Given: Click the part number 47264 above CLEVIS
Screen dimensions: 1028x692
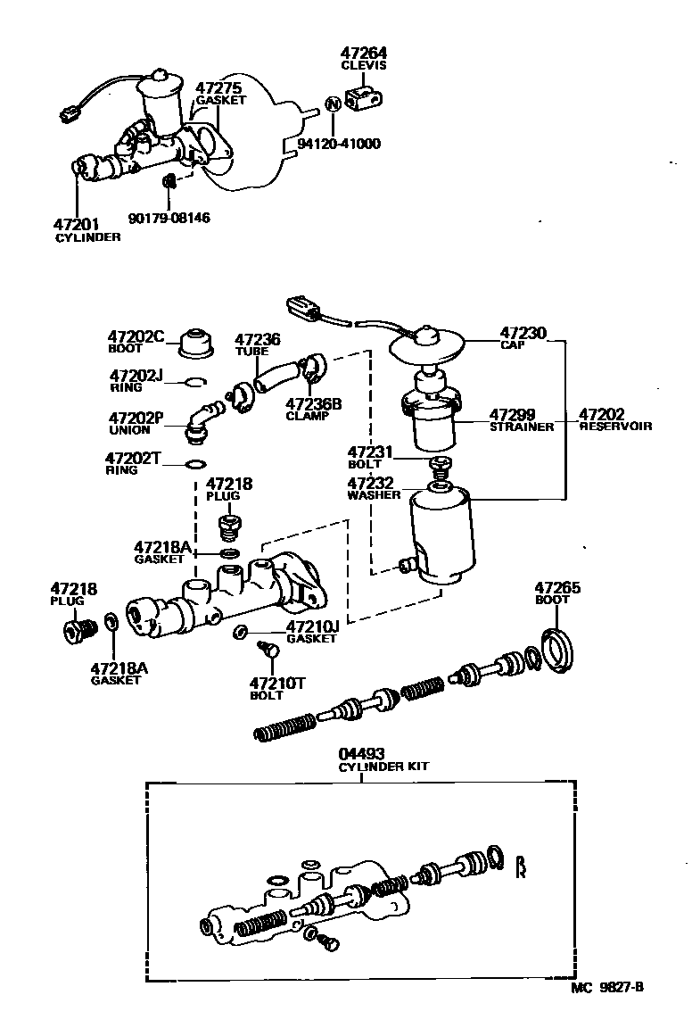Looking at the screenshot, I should click(x=366, y=54).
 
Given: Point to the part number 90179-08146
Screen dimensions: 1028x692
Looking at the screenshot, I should click(x=169, y=217).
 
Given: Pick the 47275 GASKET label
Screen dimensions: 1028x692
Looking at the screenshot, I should click(x=219, y=95).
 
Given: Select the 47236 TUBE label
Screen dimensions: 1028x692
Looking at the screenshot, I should click(x=257, y=344).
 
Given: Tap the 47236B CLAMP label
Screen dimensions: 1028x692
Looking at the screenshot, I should click(x=313, y=410).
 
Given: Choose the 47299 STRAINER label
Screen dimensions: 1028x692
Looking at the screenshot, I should click(x=521, y=420).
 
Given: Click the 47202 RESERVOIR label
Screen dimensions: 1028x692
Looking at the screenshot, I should click(x=614, y=420).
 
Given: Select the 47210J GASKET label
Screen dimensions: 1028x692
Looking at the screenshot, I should click(x=312, y=633).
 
